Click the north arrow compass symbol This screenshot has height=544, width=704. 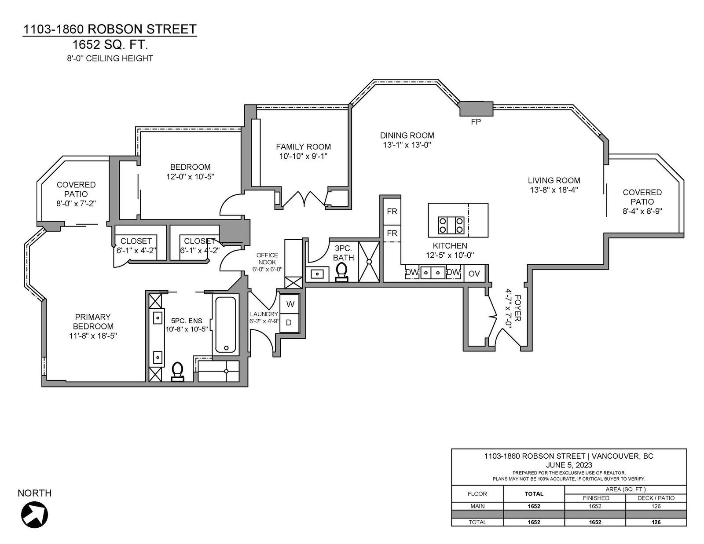pos(35,515)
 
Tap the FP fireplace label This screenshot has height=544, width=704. pos(476,122)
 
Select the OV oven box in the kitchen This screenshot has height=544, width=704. pos(474,274)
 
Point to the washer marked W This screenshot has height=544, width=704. pos(290,304)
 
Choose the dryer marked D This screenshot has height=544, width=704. pos(289,323)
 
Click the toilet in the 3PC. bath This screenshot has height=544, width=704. pos(341,272)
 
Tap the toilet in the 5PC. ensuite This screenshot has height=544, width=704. pos(177,372)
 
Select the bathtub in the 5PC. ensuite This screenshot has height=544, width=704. pos(225,325)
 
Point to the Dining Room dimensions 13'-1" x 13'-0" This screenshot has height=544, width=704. pos(407,145)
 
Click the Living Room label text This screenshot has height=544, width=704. pos(554,180)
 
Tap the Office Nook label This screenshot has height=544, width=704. pos(267,259)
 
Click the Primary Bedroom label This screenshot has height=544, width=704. pos(93,321)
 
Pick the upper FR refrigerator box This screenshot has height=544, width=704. pos(392,212)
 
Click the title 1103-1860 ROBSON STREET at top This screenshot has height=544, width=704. pos(110,29)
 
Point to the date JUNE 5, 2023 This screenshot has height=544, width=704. pos(569,465)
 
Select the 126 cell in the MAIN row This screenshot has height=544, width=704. pos(656,506)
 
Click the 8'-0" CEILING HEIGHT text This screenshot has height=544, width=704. pos(110,58)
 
